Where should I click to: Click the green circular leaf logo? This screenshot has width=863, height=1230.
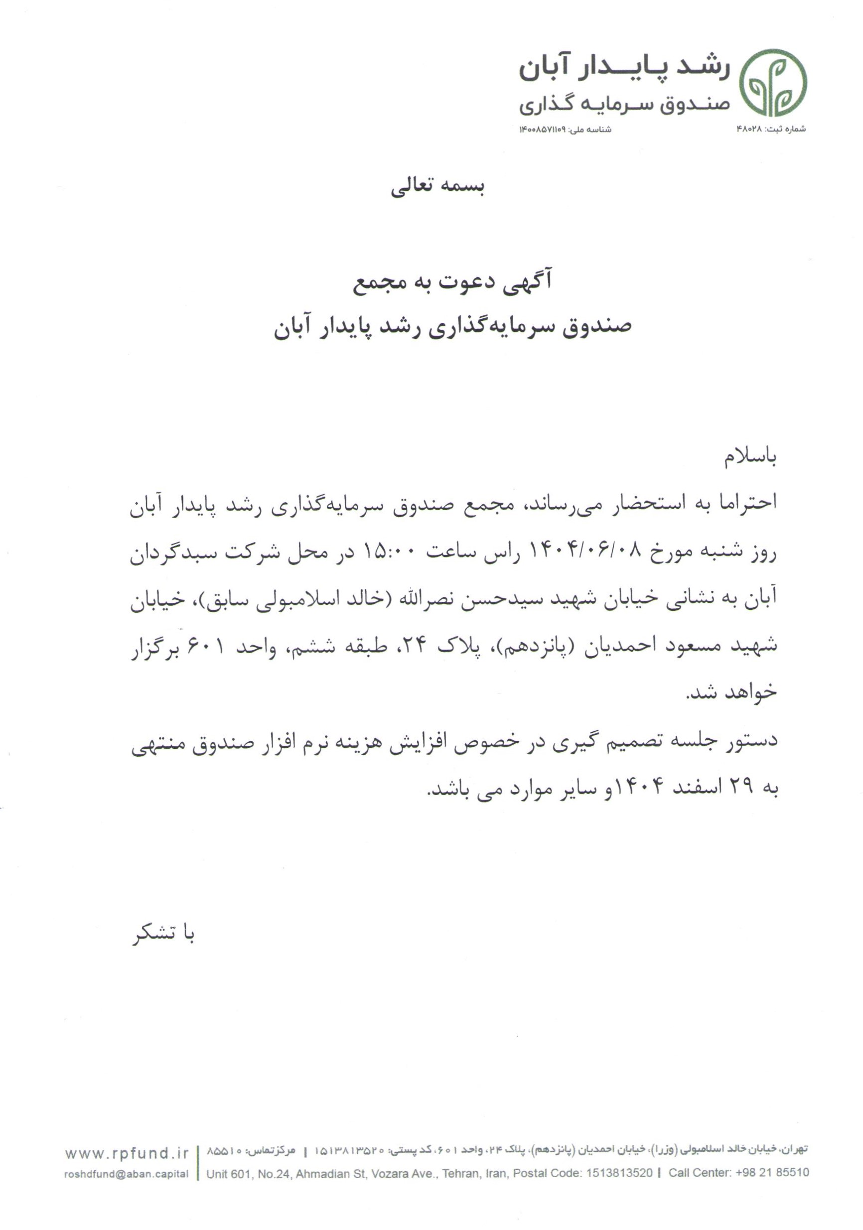pyautogui.click(x=772, y=83)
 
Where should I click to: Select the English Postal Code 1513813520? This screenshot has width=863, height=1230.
pyautogui.click(x=619, y=1173)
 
